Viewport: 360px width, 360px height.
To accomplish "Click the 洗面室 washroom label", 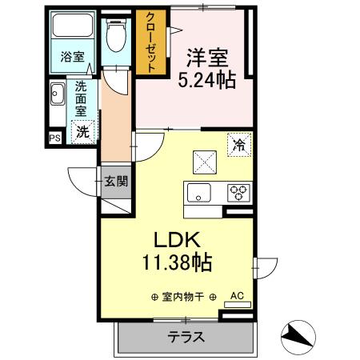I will [x=82, y=101].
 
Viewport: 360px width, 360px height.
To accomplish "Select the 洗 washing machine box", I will [x=82, y=133].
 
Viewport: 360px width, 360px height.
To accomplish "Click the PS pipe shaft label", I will [x=54, y=138].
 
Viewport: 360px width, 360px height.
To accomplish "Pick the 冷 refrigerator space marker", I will [x=238, y=145].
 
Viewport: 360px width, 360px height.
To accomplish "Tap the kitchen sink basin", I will [x=198, y=192].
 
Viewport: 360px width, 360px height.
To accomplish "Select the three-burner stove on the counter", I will [x=238, y=192].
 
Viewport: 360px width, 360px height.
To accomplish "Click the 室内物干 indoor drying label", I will [x=183, y=298].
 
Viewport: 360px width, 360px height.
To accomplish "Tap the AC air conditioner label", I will [x=236, y=296].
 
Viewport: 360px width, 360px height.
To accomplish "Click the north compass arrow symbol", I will [x=300, y=336].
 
